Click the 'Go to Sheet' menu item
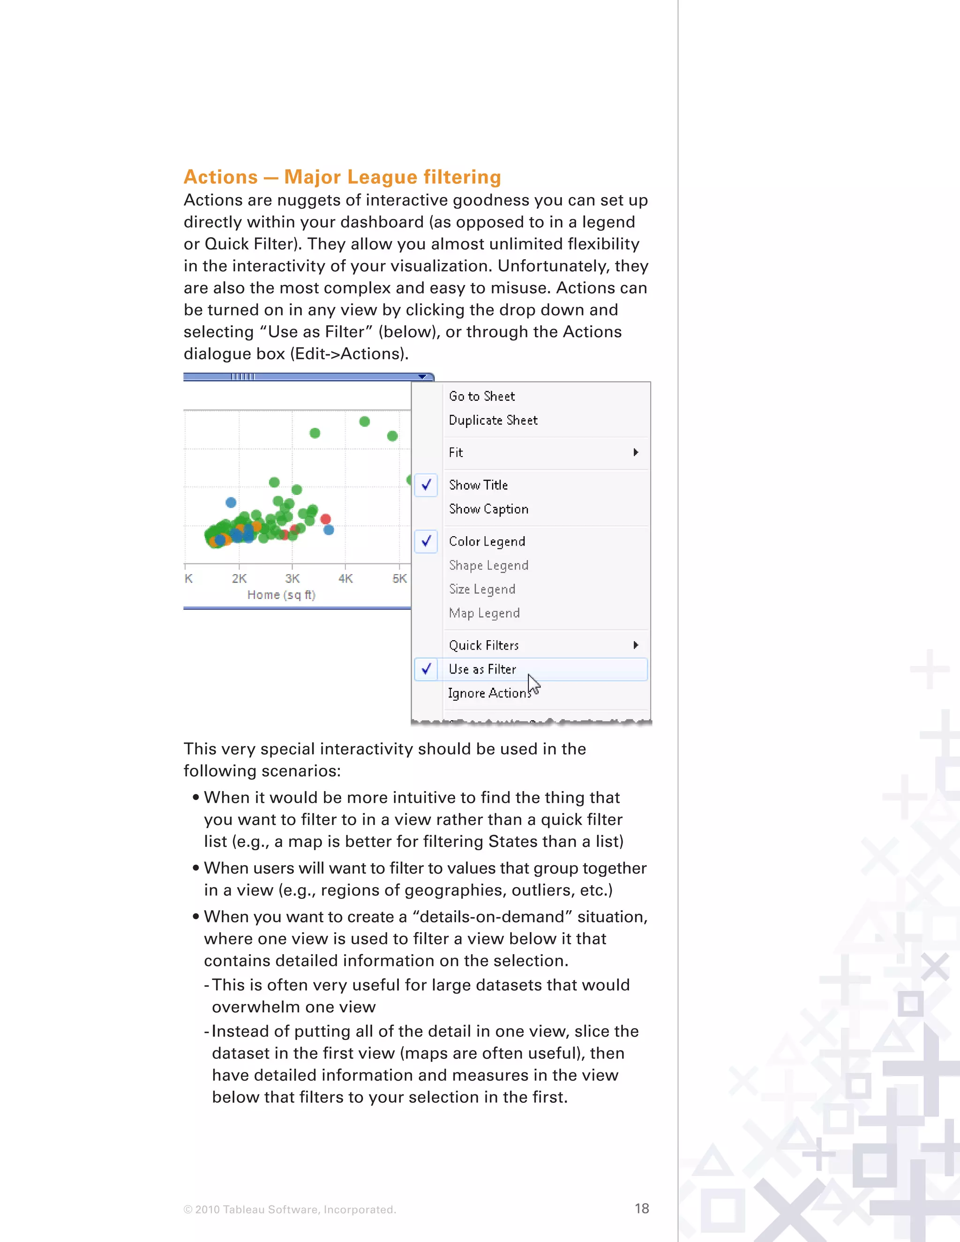point(482,397)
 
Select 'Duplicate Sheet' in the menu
point(493,420)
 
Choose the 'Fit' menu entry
point(456,453)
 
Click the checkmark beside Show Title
point(426,485)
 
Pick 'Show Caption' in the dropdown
point(488,509)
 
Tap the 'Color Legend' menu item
point(487,541)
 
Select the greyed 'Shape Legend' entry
point(488,565)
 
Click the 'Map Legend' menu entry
point(484,613)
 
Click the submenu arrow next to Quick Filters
point(636,645)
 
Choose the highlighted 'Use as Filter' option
point(482,669)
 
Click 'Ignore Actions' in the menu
point(489,693)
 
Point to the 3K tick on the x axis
point(292,578)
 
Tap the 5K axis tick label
point(400,578)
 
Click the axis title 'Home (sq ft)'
point(281,595)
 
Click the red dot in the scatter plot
point(325,519)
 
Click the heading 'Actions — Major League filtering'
point(342,177)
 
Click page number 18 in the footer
point(642,1208)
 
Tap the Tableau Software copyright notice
point(290,1210)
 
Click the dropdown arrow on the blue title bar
point(422,376)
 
